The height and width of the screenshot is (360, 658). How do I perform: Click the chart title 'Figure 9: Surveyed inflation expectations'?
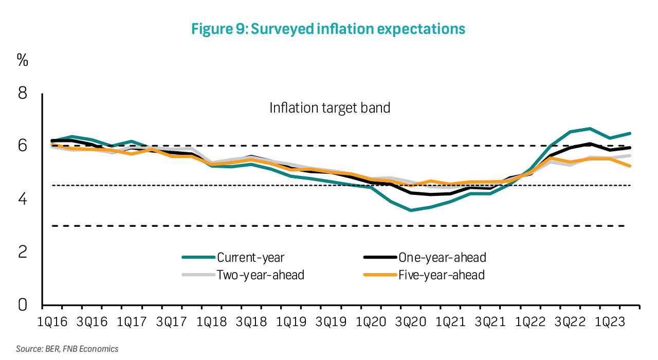point(328,29)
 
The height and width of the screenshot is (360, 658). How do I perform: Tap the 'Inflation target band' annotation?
point(330,108)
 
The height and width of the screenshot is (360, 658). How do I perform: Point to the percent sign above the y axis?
point(23,60)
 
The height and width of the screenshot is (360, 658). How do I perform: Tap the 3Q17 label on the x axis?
point(172,322)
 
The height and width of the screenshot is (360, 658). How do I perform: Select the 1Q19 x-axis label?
point(291,322)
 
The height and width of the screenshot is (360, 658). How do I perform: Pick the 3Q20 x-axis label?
point(411,322)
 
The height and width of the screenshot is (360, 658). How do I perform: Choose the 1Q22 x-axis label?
point(531,322)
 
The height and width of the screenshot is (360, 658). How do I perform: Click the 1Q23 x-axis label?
point(610,322)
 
